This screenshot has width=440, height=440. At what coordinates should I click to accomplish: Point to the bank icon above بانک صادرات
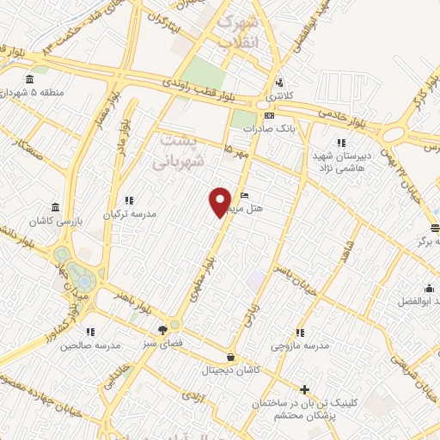pos(270,115)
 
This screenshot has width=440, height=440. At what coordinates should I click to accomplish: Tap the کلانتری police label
pos(278,95)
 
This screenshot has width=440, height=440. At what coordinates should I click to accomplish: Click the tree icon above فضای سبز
pos(163,330)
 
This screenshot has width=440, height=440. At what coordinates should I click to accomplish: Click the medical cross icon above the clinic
pos(303,389)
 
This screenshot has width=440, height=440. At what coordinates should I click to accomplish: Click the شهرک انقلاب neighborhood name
pos(236,32)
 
